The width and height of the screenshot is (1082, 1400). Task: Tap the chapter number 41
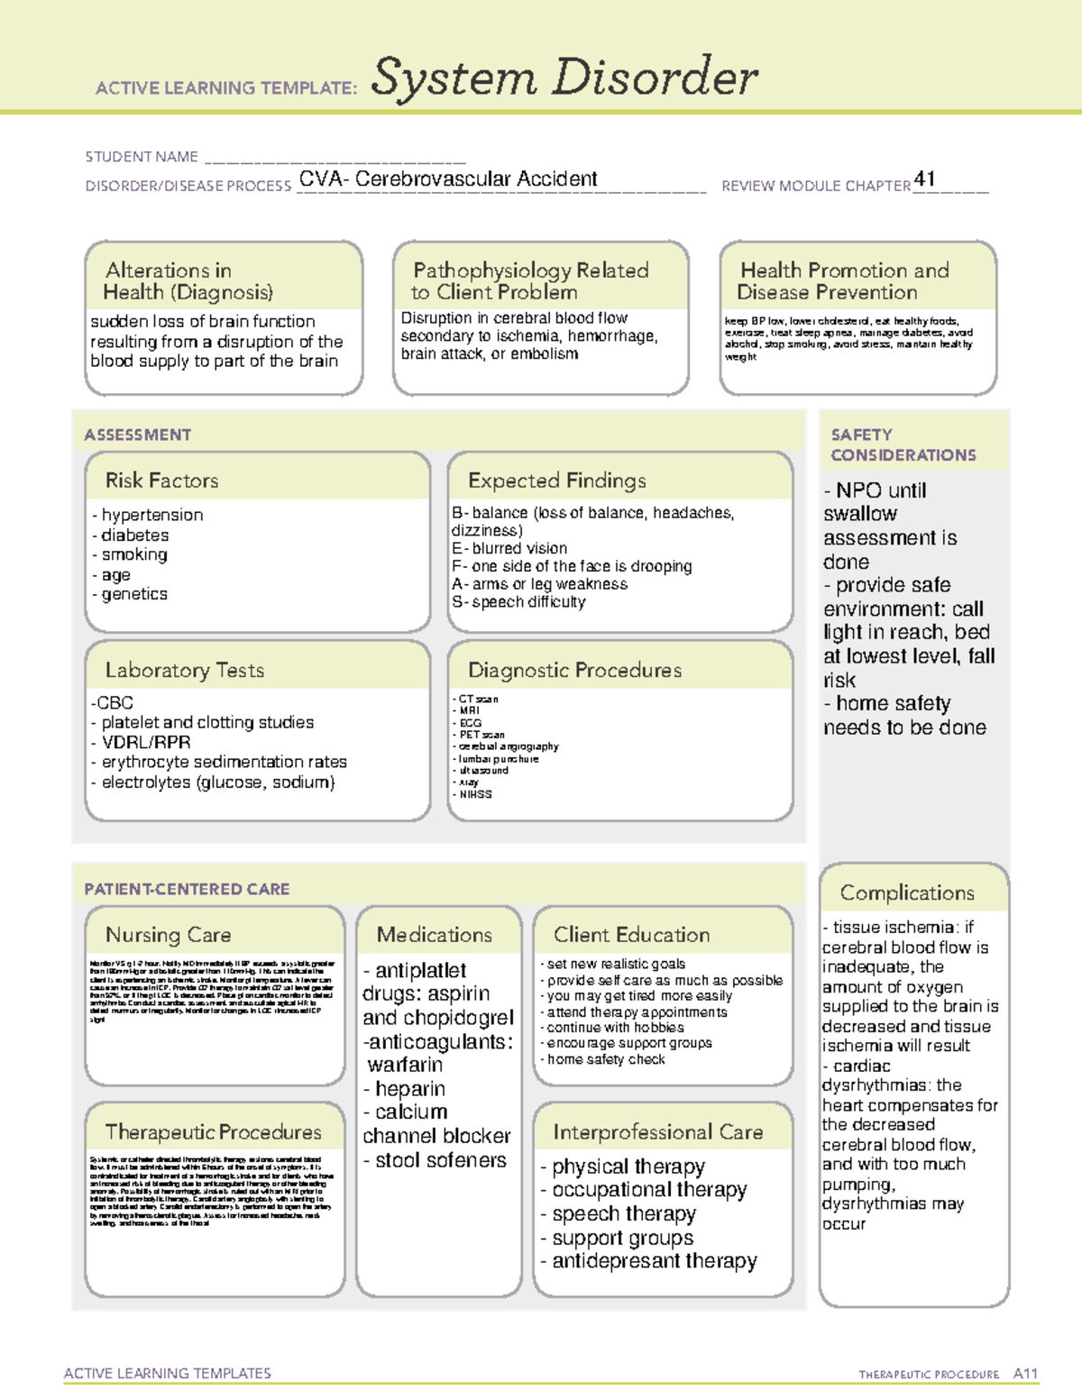pyautogui.click(x=924, y=178)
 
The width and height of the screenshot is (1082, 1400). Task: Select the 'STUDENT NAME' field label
pyautogui.click(x=142, y=157)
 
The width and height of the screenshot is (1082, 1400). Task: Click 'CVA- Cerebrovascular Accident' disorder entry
pyautogui.click(x=448, y=178)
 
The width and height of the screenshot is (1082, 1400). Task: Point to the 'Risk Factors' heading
pyautogui.click(x=162, y=480)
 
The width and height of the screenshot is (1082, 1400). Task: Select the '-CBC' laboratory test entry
pyautogui.click(x=112, y=702)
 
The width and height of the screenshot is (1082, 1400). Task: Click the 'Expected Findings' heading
pyautogui.click(x=557, y=480)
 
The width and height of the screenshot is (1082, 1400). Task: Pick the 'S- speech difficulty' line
pyautogui.click(x=519, y=601)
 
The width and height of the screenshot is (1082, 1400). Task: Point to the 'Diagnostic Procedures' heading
pyautogui.click(x=574, y=670)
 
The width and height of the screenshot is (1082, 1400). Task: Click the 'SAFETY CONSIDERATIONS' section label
pyautogui.click(x=903, y=445)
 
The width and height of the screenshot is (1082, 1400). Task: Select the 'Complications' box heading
pyautogui.click(x=907, y=892)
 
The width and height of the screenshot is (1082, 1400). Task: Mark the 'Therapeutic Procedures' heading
pyautogui.click(x=214, y=1131)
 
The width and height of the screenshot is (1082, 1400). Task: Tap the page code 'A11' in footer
pyautogui.click(x=1025, y=1374)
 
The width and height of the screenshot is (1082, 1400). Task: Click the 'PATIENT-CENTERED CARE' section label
pyautogui.click(x=188, y=889)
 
